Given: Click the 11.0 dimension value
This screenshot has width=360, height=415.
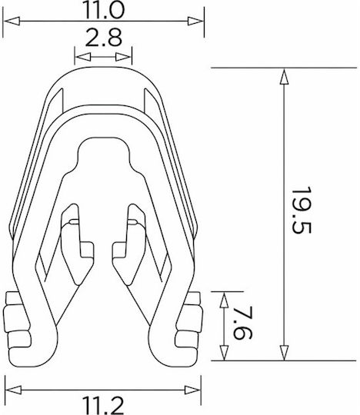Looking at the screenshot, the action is tap(104, 9).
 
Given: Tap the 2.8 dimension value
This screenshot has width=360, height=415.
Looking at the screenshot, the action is tap(104, 38).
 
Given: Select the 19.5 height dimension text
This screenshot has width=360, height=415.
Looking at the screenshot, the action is tap(302, 211).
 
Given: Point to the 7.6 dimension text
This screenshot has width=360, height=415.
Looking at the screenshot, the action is tap(243, 322).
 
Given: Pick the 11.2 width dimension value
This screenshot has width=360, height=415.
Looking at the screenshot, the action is tap(103, 406).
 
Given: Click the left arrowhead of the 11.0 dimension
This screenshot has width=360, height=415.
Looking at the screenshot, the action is tap(12, 21).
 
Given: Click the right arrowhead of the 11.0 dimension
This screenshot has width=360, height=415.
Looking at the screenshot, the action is tap(195, 21).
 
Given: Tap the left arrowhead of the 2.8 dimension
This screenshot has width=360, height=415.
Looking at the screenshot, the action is tap(83, 57).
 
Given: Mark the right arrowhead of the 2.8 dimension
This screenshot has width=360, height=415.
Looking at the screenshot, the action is tap(123, 57).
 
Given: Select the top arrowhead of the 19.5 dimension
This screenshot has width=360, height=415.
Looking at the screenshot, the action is tap(284, 77).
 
